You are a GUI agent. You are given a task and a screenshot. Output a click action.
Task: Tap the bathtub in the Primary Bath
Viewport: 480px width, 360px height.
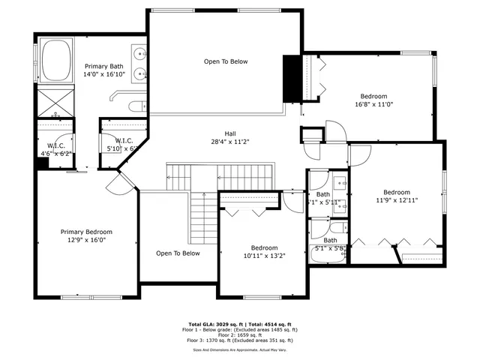click(55, 61)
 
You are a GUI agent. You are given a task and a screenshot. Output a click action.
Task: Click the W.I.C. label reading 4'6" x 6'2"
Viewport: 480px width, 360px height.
click(56, 149)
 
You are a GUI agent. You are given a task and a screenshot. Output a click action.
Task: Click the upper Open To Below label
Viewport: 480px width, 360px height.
click(225, 61)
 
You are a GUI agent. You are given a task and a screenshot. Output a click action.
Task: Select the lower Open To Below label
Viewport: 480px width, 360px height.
click(178, 253)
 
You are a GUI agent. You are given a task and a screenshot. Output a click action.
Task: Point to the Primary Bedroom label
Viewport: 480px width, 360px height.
click(86, 236)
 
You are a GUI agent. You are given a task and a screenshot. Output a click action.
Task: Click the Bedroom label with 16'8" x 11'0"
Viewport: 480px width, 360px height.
click(373, 100)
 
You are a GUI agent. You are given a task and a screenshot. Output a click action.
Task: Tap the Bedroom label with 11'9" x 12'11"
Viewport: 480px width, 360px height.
click(397, 196)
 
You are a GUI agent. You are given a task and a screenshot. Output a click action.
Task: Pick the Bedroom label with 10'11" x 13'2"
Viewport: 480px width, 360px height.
click(264, 251)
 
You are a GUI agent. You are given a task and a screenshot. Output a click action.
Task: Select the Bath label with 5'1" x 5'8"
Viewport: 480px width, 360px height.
click(330, 244)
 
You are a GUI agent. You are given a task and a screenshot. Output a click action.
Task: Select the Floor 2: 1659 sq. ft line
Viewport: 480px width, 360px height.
click(240, 334)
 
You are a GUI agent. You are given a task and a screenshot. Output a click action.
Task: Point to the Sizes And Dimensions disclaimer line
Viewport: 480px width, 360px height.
click(240, 349)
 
